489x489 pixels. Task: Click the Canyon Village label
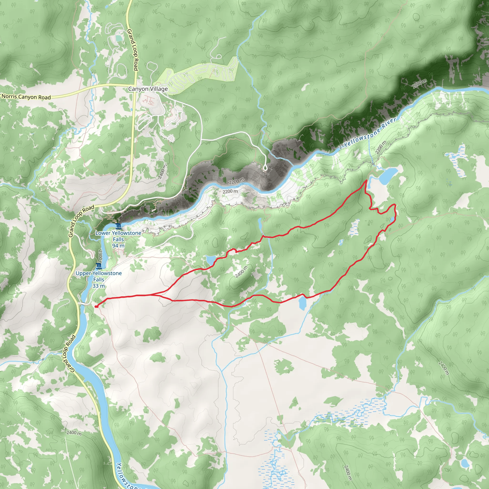coord(148,89)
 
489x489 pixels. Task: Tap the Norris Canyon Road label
coord(26,97)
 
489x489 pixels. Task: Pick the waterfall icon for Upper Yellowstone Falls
coord(99,266)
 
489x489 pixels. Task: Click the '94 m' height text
coord(118,246)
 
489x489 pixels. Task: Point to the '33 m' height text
coord(98,286)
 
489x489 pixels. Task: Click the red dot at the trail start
coord(96,307)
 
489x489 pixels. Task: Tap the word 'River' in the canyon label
coord(389,123)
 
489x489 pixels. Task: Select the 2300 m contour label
coord(100,257)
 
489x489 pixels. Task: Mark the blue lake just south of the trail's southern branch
coord(302,303)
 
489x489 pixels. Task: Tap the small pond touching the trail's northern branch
coord(211,259)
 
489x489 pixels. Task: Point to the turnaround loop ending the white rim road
coord(265,167)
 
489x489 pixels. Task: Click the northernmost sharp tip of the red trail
coord(367,181)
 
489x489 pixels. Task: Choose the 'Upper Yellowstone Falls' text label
coord(99,276)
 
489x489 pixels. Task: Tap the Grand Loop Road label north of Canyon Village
coord(133,50)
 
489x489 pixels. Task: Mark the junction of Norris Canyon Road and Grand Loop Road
coord(135,85)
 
